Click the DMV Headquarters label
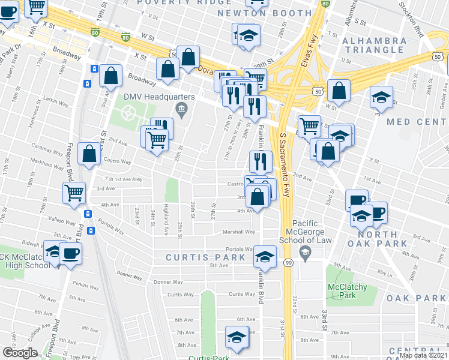[x=159, y=97]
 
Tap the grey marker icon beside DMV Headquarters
[x=181, y=109]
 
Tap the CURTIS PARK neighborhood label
[x=206, y=257]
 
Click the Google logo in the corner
[x=20, y=352]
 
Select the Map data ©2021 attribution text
[x=423, y=355]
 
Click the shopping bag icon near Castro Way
[x=89, y=154]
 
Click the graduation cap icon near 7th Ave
[x=237, y=337]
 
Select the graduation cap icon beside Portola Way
[x=264, y=256]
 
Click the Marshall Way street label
[x=240, y=232]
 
